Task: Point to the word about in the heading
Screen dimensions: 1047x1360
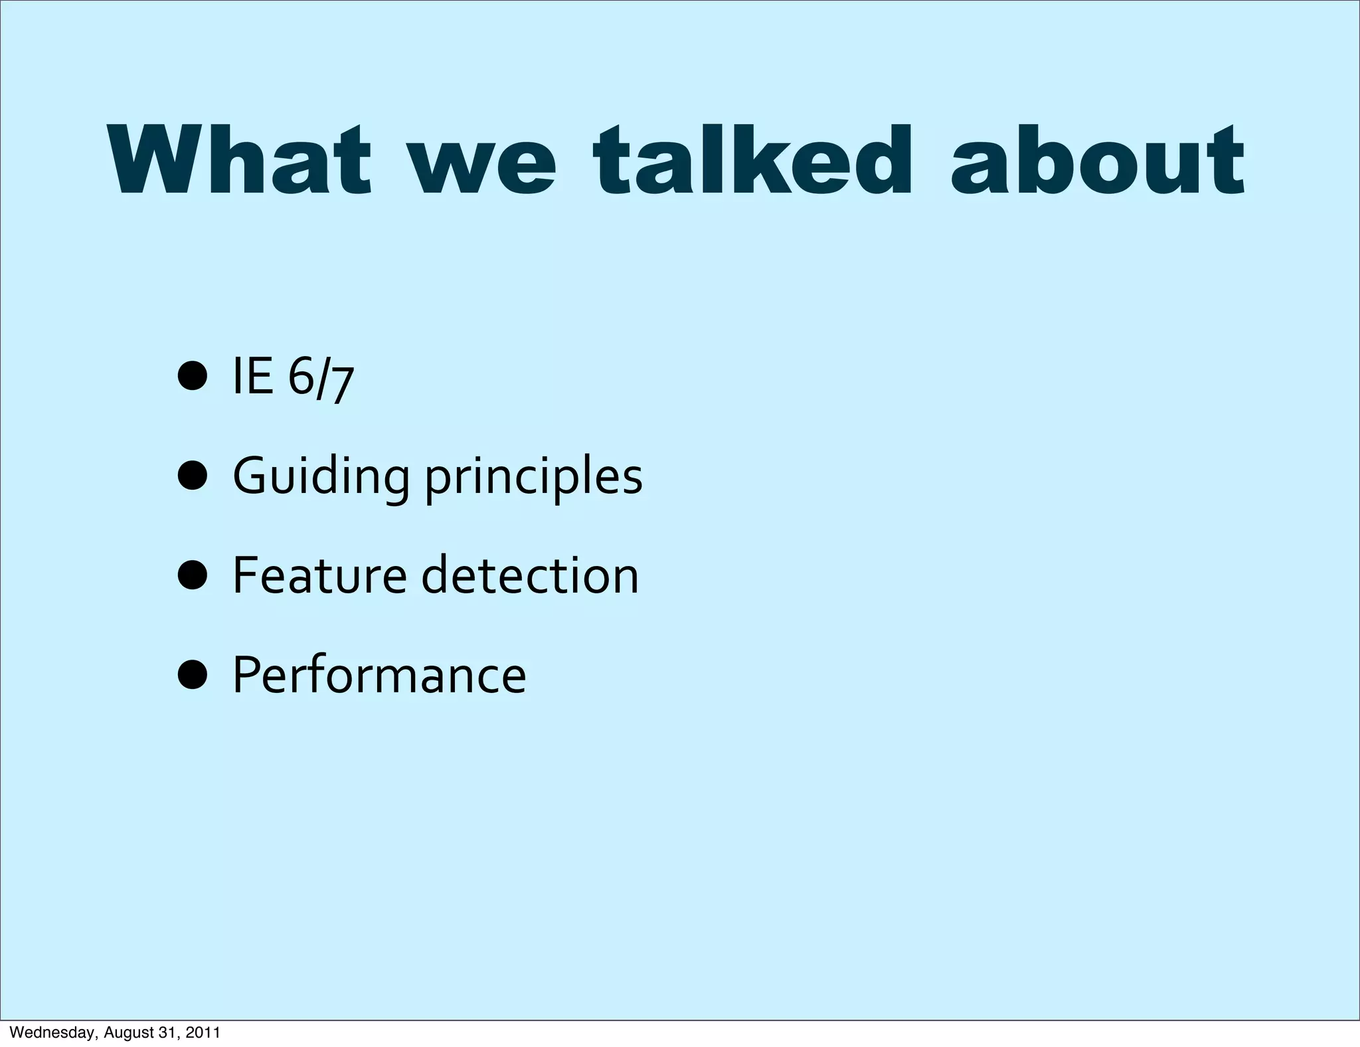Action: point(1097,161)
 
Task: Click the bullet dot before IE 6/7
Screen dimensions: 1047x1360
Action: point(193,377)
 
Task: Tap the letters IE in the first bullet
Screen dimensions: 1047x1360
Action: point(252,376)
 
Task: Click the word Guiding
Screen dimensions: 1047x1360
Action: point(321,477)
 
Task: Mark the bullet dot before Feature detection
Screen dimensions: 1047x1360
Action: point(193,575)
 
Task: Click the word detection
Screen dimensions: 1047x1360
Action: point(530,575)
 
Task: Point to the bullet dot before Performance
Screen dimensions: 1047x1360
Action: point(193,674)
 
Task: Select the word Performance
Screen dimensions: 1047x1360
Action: point(379,675)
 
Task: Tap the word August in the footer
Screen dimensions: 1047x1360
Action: point(129,1033)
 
